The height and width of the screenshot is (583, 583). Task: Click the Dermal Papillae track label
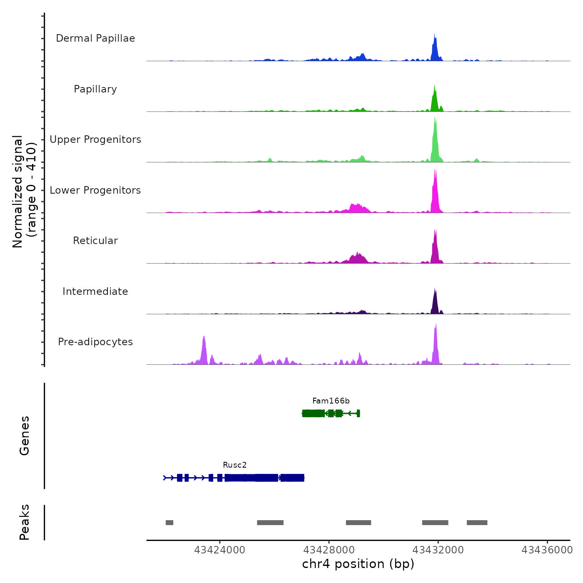95,38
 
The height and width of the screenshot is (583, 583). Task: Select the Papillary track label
95,89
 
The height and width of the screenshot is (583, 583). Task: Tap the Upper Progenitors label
95,140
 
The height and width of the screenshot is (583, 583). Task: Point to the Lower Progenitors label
95,190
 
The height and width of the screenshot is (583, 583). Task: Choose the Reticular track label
95,241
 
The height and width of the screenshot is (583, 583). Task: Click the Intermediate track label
95,291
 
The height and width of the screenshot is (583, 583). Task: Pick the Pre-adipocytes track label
95,342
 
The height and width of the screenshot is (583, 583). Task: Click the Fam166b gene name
331,401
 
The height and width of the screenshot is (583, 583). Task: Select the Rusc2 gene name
235,465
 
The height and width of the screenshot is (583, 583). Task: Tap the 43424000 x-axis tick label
220,550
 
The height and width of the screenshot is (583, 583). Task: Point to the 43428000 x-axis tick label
329,550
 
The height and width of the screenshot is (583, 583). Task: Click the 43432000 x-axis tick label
438,550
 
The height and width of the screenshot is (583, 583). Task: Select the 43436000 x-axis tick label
547,550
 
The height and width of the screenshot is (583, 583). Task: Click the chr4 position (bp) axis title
358,564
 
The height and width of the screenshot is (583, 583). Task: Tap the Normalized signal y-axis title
24,192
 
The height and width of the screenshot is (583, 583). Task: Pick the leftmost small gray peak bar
169,523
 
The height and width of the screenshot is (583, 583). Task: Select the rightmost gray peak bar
477,523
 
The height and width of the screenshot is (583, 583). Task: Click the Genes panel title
25,436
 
